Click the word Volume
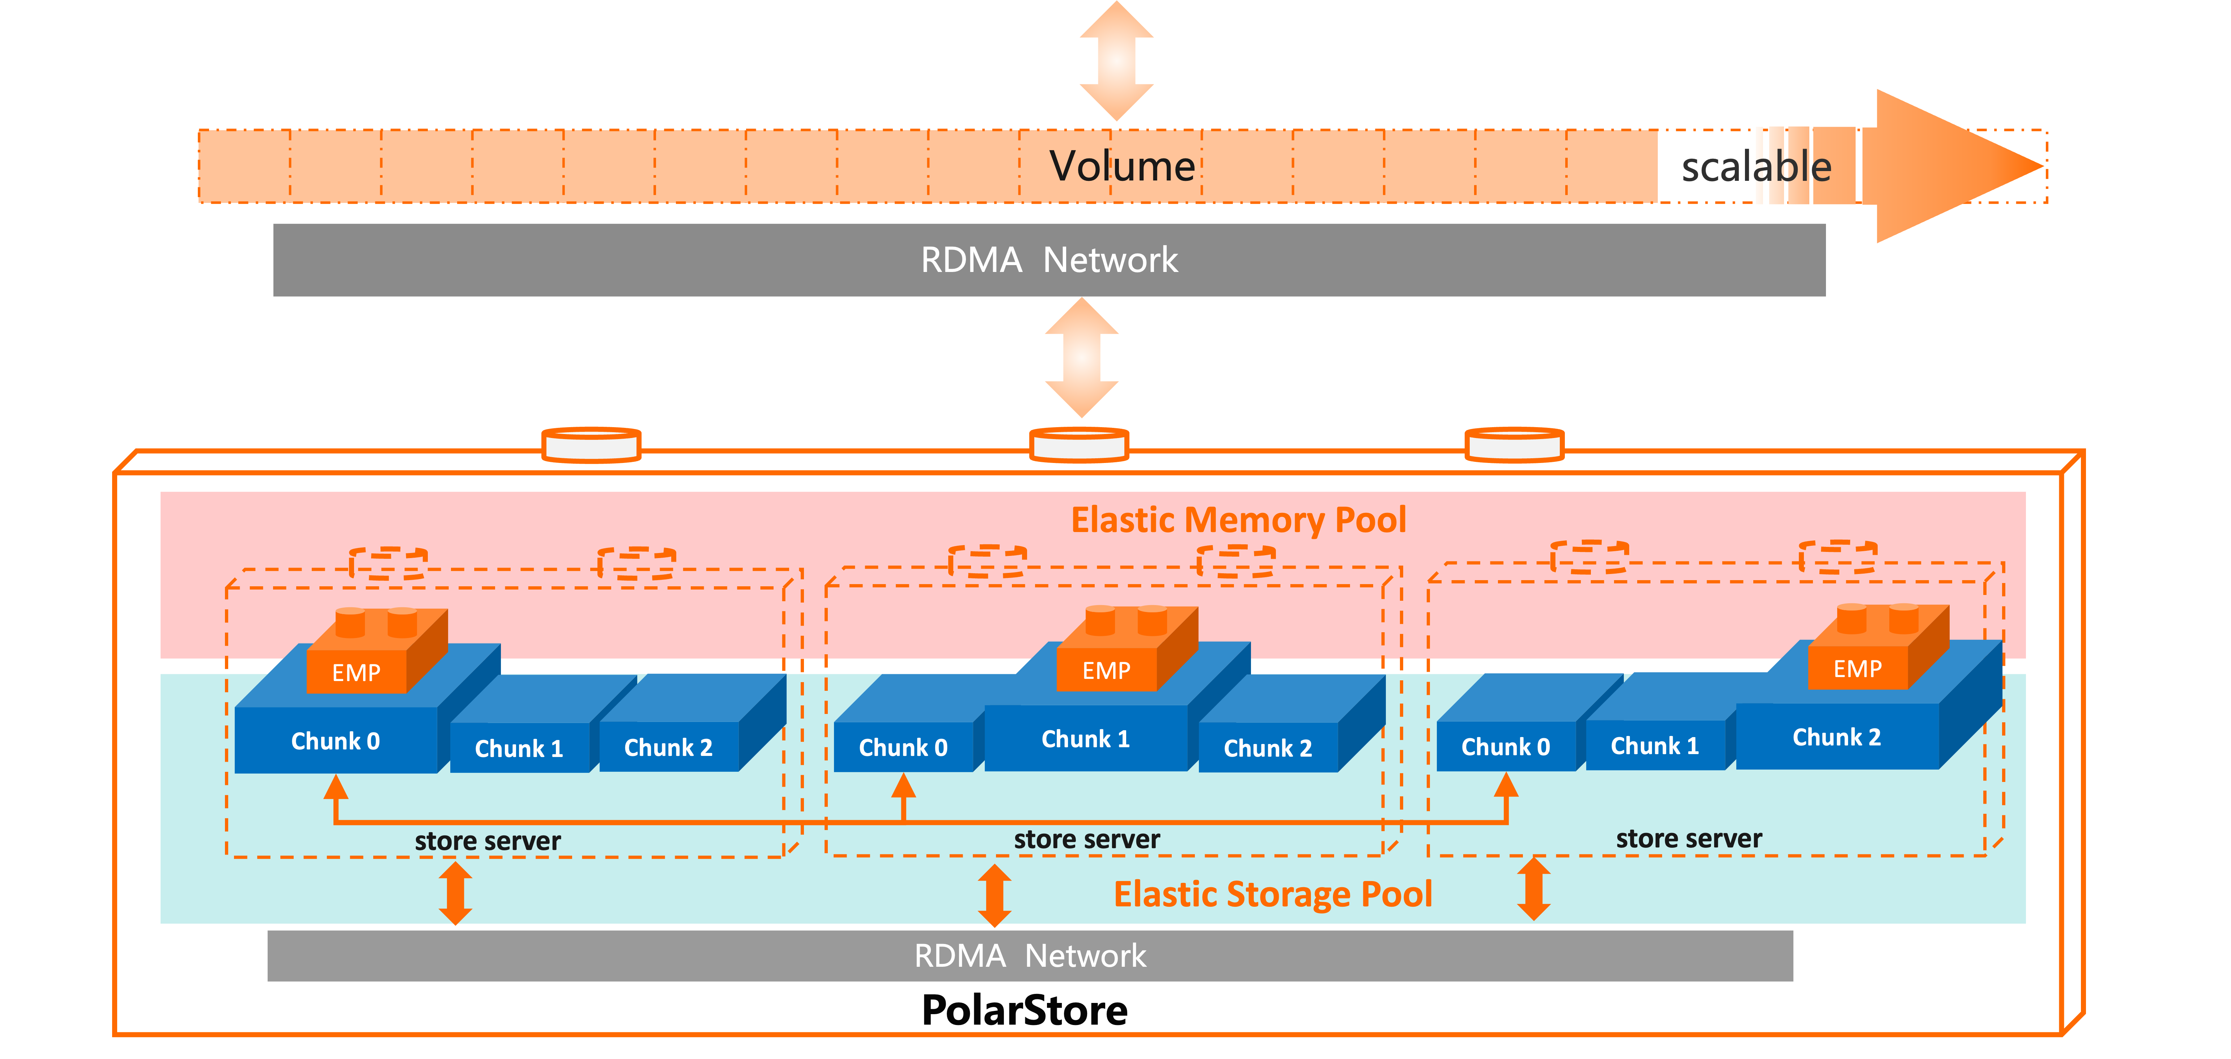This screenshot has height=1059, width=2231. click(x=1121, y=166)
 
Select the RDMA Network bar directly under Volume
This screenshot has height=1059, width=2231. click(x=1049, y=260)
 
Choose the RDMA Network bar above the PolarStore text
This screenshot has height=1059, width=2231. click(x=1030, y=956)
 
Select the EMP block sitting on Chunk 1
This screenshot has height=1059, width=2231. click(x=1106, y=670)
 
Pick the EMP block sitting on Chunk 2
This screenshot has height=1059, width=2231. click(x=1857, y=668)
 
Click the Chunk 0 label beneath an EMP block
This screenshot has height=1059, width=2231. click(x=335, y=741)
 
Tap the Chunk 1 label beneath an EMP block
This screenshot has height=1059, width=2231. click(x=1085, y=740)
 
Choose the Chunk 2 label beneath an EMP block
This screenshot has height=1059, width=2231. click(x=1836, y=738)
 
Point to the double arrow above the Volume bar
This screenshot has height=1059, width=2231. click(x=1116, y=61)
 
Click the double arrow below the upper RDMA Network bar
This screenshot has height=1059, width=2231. click(x=1082, y=358)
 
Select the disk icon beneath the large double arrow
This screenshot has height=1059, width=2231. click(x=1079, y=445)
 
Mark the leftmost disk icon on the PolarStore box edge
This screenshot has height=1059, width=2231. click(x=591, y=445)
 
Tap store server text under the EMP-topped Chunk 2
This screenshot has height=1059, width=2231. click(x=1689, y=839)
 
